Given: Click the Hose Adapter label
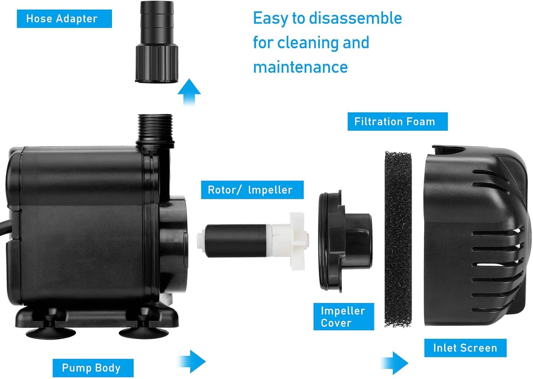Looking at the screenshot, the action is [64, 19].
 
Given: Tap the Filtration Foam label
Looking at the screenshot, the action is [398, 122].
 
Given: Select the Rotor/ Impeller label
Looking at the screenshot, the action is [252, 190].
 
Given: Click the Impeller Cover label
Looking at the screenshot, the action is [344, 317].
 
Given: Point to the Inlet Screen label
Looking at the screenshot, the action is [465, 348].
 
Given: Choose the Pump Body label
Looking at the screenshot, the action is [93, 368].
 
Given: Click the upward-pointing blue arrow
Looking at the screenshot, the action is [189, 93].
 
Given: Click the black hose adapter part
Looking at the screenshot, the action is [157, 42].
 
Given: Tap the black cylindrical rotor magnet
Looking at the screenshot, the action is [236, 241].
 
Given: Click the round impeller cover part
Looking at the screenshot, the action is [345, 241].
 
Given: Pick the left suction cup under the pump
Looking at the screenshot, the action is [51, 331].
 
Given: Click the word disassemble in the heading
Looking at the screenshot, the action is [355, 19].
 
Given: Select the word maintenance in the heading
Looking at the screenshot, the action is [300, 67].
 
